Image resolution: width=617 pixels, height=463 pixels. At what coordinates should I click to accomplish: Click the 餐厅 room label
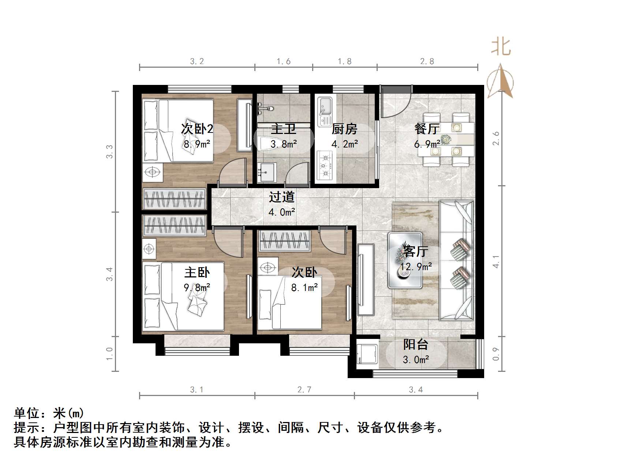click(427, 129)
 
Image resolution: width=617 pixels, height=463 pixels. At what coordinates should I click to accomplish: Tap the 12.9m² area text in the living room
click(416, 266)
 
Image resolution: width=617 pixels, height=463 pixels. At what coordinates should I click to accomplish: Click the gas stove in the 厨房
click(325, 165)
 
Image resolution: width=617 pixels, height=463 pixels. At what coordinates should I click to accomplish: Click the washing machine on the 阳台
click(364, 354)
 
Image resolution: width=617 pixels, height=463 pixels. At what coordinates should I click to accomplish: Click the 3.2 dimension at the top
click(197, 61)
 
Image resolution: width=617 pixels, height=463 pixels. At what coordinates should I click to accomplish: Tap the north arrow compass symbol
click(500, 81)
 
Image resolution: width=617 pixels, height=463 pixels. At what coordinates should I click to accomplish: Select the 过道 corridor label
click(282, 197)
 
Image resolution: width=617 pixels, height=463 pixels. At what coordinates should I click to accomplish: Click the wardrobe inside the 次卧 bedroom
click(284, 241)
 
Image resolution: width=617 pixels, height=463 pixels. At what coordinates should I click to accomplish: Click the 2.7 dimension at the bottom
click(304, 390)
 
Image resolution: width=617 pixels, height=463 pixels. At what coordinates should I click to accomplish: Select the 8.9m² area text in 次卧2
click(197, 144)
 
